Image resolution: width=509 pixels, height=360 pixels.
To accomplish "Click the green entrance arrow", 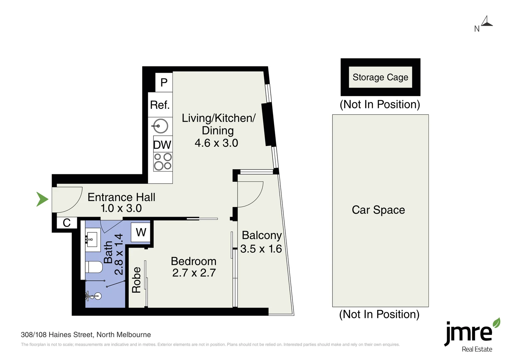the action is (42, 199).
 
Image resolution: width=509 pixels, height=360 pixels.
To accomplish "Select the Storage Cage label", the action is (380, 77).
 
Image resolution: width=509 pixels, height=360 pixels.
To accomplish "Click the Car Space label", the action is (378, 210).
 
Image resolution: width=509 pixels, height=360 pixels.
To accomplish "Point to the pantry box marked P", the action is (164, 82).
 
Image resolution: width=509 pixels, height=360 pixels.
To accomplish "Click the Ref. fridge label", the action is (160, 105).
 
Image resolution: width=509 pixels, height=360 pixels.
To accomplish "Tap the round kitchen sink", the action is (161, 126).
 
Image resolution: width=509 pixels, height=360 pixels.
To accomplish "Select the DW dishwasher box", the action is (163, 144).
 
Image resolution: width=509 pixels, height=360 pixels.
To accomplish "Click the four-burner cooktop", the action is (163, 162).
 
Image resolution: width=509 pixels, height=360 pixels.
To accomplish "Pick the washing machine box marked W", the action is (141, 232).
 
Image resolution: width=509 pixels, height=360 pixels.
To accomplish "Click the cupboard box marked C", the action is (67, 223).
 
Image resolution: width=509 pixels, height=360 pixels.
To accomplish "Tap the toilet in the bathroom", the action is (94, 267).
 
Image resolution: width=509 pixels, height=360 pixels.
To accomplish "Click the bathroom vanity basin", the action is (93, 239).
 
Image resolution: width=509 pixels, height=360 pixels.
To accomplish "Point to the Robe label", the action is (136, 280).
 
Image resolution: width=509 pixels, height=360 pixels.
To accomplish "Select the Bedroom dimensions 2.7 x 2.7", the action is (194, 273).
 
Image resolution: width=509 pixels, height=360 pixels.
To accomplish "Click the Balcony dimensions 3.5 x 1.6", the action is (261, 249).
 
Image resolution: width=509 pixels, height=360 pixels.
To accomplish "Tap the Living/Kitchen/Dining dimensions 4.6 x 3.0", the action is (216, 143).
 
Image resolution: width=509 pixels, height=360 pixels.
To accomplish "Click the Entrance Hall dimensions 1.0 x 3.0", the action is (121, 208).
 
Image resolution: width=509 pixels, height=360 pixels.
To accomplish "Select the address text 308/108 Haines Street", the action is (57, 335).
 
